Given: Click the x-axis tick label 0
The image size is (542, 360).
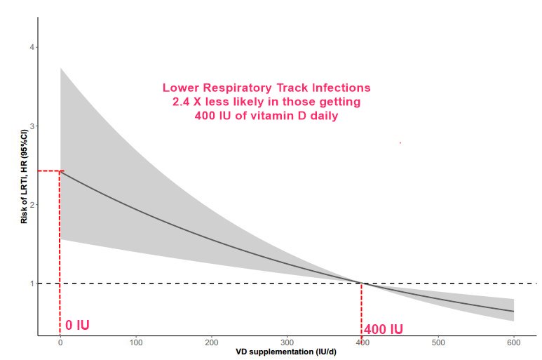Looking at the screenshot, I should [60, 342].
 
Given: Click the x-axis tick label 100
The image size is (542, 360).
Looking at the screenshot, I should [136, 342].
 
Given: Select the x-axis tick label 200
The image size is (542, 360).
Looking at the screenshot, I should [211, 342].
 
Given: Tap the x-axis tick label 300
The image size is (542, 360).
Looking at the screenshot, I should [287, 342].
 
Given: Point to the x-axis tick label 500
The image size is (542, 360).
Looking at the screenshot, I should [438, 342].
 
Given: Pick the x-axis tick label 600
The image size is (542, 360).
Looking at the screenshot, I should [513, 342].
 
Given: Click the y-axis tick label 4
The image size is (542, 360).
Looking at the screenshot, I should [32, 47].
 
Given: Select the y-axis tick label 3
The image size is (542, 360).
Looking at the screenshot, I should [32, 126].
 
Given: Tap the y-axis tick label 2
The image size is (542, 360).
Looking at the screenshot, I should [32, 205].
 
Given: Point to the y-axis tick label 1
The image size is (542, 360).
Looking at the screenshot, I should [32, 284].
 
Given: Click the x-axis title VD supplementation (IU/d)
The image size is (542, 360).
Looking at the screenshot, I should [287, 352].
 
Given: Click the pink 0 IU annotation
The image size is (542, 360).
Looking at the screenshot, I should [77, 326].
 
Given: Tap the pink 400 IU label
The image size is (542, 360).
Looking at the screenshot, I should [384, 329].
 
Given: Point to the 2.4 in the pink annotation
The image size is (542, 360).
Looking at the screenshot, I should [181, 102].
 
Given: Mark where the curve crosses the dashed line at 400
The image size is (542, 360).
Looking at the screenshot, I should [362, 284].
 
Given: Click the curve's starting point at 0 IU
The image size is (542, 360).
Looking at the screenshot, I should [61, 171].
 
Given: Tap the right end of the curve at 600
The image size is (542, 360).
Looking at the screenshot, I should [513, 311].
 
